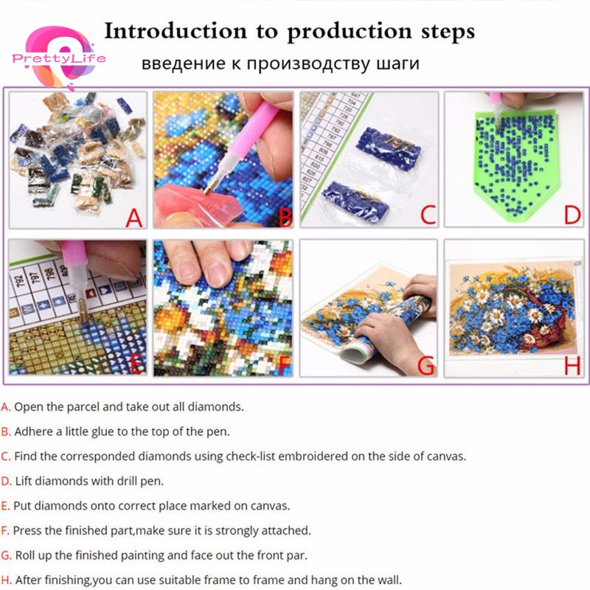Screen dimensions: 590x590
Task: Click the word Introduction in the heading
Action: point(176,31)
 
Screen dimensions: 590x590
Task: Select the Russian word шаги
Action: point(398,63)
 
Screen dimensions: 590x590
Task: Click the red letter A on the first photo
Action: point(134,218)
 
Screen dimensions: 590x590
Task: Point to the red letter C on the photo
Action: point(428,215)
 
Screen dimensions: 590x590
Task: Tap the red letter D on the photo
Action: point(572,215)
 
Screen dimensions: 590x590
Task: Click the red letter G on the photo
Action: point(426,364)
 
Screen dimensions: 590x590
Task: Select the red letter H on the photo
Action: point(572,365)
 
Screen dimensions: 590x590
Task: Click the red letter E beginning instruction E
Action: point(5,506)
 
